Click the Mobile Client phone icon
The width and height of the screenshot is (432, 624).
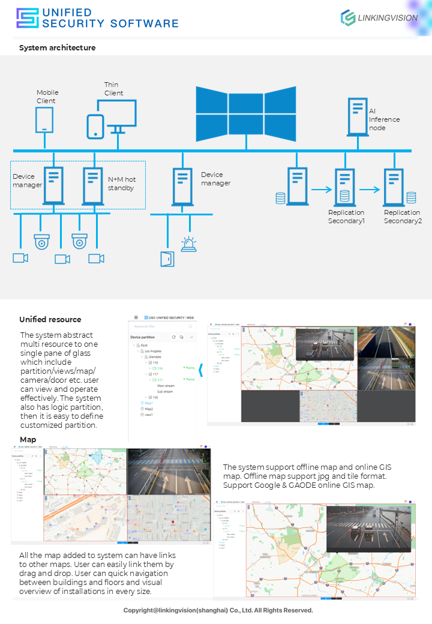[x=44, y=120]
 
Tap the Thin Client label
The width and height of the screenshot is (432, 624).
[x=113, y=89]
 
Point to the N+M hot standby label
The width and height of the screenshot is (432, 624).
[x=121, y=184]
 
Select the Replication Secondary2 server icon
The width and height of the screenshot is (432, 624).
[x=393, y=187]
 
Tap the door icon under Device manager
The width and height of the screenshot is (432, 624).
[x=166, y=259]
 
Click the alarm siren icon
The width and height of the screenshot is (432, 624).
[x=189, y=244]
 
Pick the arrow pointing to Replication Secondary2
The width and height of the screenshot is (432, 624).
[x=370, y=190]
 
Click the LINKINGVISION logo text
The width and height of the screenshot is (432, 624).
[x=388, y=18]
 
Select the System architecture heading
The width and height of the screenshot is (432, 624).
[x=57, y=47]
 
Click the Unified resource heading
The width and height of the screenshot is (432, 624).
[x=50, y=319]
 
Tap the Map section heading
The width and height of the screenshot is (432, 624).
[x=28, y=440]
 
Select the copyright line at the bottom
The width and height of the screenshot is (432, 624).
[x=218, y=610]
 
